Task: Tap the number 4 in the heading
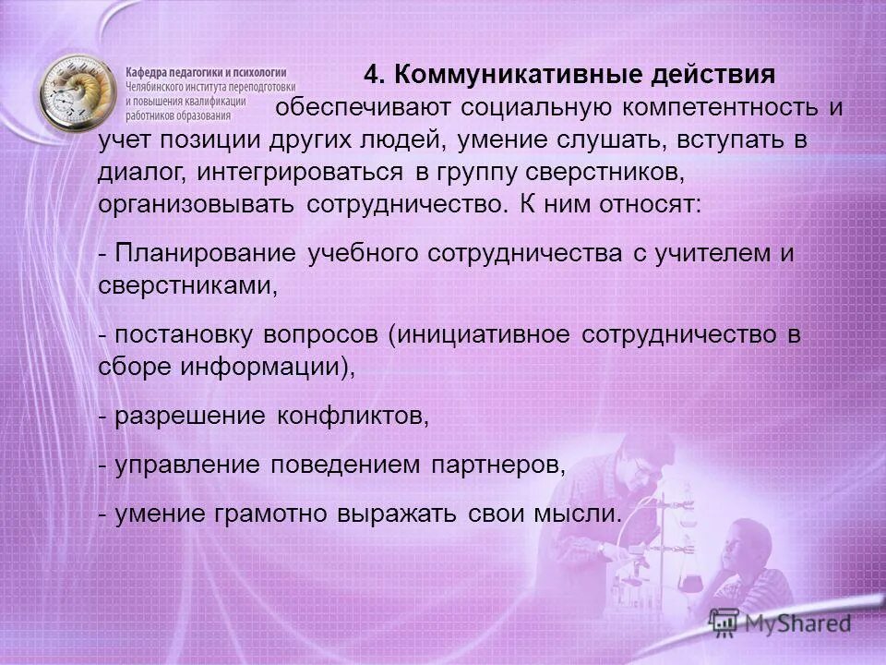(x=372, y=73)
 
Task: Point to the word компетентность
(x=726, y=106)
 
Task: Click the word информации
(x=269, y=367)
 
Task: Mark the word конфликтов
(x=353, y=417)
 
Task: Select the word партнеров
(x=497, y=466)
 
